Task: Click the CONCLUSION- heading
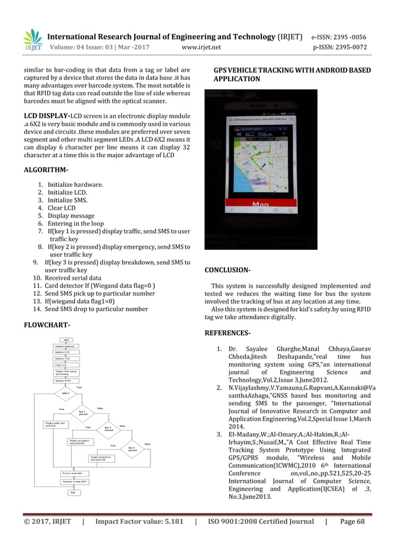(x=227, y=270)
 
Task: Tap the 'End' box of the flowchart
(x=72, y=492)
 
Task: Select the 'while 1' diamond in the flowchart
(x=63, y=392)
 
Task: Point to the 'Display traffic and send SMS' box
(x=54, y=425)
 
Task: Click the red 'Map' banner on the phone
(x=260, y=204)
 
